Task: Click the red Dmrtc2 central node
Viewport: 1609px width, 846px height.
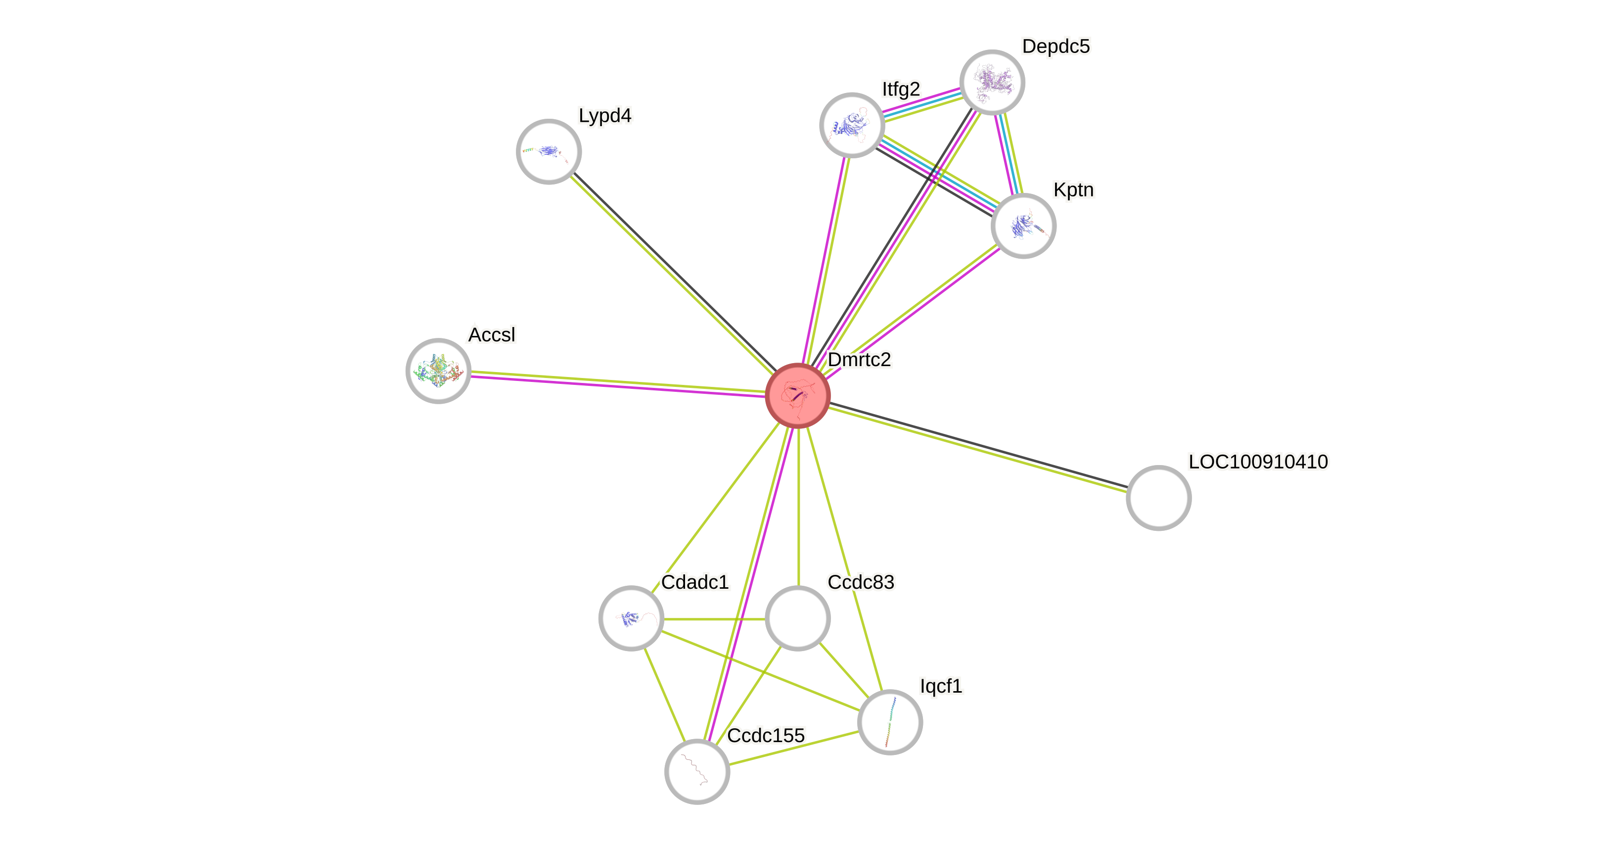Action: coord(798,395)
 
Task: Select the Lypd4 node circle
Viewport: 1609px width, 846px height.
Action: coord(549,152)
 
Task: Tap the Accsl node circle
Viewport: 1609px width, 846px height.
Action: coord(438,371)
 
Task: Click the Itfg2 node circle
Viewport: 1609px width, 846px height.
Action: coord(852,125)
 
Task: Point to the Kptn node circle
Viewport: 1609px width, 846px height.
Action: coord(1023,226)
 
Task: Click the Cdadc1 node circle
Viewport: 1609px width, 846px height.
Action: coord(631,618)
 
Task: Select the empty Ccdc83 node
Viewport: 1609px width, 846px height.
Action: coord(798,618)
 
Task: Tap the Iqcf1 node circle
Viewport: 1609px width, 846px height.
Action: coord(889,722)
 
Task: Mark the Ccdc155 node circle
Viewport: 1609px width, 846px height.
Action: coord(697,772)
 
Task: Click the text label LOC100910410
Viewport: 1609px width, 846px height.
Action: coord(1258,462)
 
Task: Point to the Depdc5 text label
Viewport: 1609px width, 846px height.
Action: coord(1056,46)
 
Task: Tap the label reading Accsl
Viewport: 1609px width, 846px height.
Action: coord(492,335)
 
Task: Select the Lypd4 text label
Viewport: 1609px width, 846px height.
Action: coord(604,116)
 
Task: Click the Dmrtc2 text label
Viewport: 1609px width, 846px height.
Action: coord(860,359)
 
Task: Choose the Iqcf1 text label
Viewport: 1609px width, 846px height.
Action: coord(941,686)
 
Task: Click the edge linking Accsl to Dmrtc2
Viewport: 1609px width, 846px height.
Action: coord(618,383)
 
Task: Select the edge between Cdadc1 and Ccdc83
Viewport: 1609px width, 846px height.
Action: coord(714,619)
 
